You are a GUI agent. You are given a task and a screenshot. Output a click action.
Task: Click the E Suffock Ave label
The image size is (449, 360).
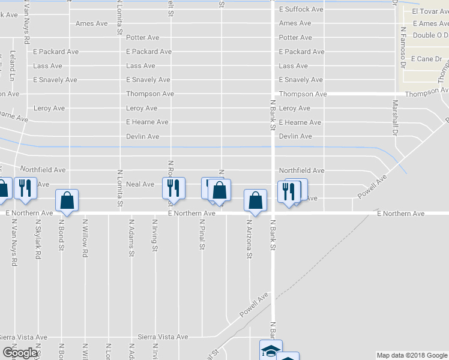pos(301,9)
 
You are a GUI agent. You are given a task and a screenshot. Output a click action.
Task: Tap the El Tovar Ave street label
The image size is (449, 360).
pos(430,11)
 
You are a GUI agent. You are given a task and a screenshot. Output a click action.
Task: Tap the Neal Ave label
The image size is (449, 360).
pos(140,184)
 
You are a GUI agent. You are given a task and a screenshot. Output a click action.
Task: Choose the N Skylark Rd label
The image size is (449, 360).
pos(38,239)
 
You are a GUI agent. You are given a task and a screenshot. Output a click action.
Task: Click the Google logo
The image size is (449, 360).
pos(20,353)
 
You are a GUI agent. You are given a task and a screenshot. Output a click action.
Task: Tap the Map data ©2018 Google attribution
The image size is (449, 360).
pos(412,355)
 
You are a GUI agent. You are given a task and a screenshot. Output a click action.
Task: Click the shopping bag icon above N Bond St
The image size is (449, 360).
pos(67,201)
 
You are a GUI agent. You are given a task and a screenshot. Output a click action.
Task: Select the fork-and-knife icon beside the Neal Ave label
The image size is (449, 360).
pos(173,188)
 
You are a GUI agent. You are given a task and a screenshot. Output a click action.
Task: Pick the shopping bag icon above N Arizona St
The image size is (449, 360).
pos(256,200)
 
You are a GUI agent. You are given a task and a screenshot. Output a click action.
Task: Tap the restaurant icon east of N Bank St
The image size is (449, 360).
pos(288,191)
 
